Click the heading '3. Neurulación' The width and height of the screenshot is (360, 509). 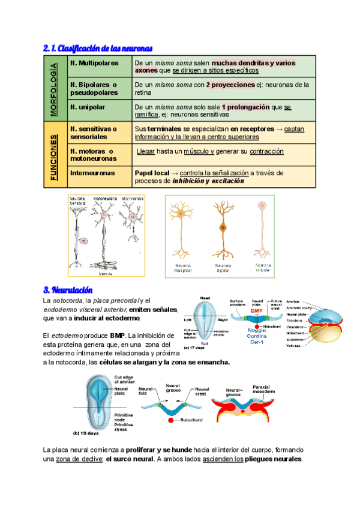tap(68, 290)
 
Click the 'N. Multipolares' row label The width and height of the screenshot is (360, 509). tap(94, 62)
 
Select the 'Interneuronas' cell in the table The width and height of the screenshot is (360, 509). tap(92, 173)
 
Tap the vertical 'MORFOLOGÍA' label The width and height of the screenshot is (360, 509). tap(55, 89)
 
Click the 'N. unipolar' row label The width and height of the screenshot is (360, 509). tap(89, 107)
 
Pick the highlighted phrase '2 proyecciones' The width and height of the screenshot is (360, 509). tap(230, 85)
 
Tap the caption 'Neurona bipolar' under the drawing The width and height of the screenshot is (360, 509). tap(223, 268)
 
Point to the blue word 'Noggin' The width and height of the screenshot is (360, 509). tap(257, 331)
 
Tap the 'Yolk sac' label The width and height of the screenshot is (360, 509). tap(295, 345)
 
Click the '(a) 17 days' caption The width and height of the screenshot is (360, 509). tap(196, 346)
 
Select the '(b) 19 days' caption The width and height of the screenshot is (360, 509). tap(85, 432)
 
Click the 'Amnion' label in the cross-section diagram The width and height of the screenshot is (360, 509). tap(293, 302)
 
